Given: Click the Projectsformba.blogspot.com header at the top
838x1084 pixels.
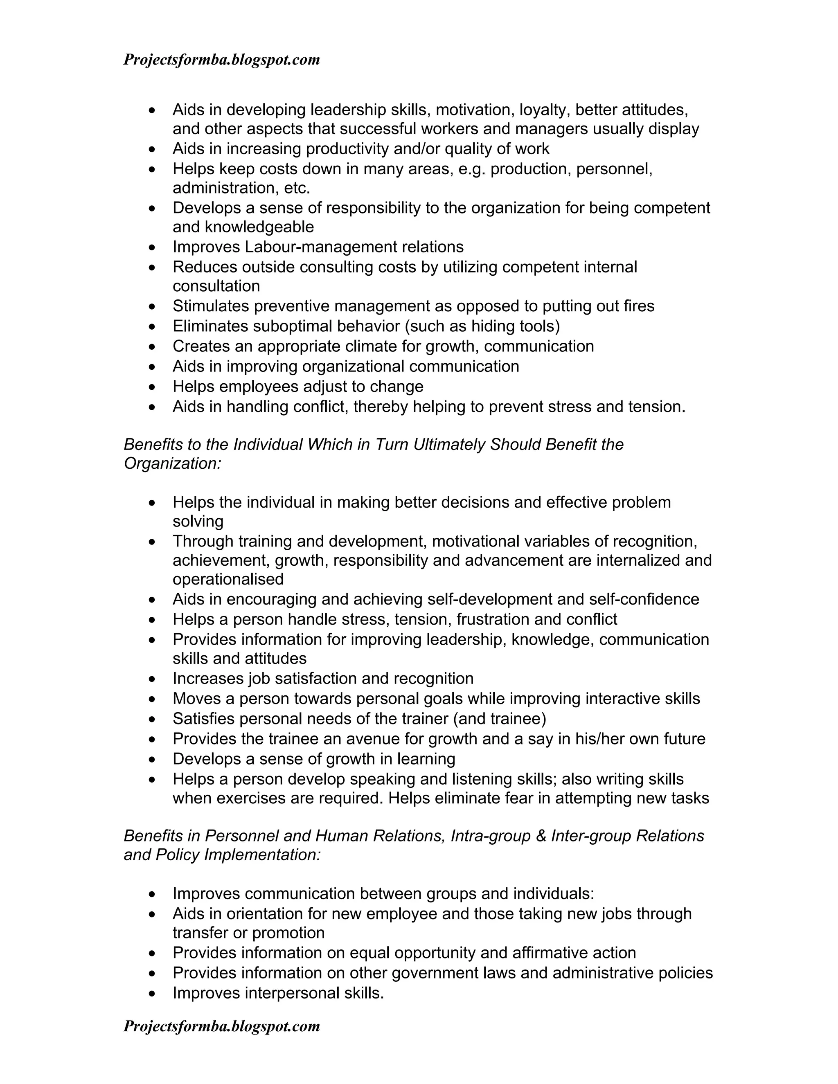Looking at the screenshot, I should coord(221,60).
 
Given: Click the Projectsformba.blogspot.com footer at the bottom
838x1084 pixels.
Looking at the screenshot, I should coord(221,1026).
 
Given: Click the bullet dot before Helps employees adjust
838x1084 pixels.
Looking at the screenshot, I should coord(152,387).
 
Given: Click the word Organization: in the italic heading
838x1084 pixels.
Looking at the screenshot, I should coord(172,463).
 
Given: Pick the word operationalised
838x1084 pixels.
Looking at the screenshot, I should coord(228,579).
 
